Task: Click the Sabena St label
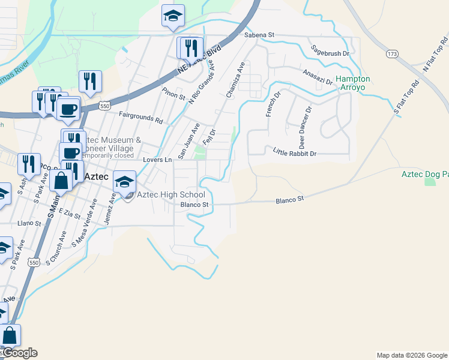point(259,35)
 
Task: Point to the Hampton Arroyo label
point(352,83)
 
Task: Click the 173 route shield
point(392,55)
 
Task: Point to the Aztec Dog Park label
point(425,174)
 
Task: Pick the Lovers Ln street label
point(157,160)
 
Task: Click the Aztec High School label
point(171,194)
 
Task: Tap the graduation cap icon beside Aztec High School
point(124,181)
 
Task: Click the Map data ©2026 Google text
point(412,355)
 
